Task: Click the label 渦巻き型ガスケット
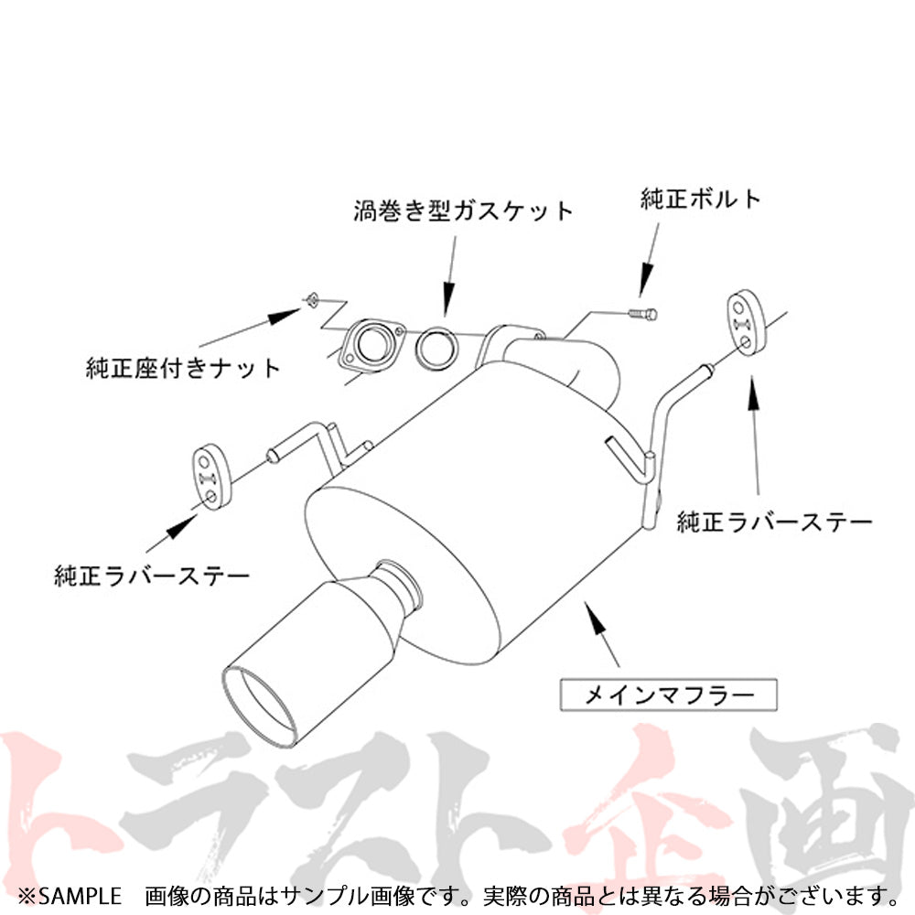pos(463,211)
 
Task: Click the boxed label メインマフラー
pos(669,694)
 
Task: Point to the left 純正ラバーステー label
pos(151,576)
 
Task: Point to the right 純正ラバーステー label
pos(774,522)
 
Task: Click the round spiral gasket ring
pos(438,348)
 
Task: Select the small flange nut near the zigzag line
pos(310,298)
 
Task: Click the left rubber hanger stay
pos(211,476)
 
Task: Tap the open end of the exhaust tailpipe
pos(261,705)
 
